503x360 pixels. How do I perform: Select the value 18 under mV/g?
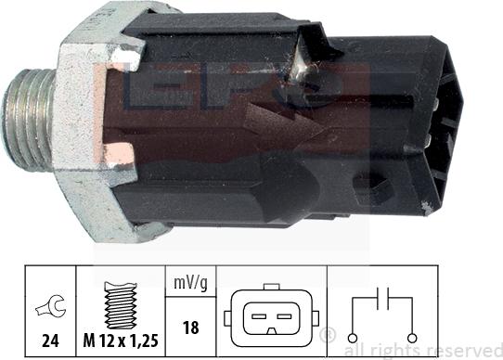pyautogui.click(x=189, y=327)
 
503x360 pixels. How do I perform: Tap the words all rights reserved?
pyautogui.click(x=421, y=351)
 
